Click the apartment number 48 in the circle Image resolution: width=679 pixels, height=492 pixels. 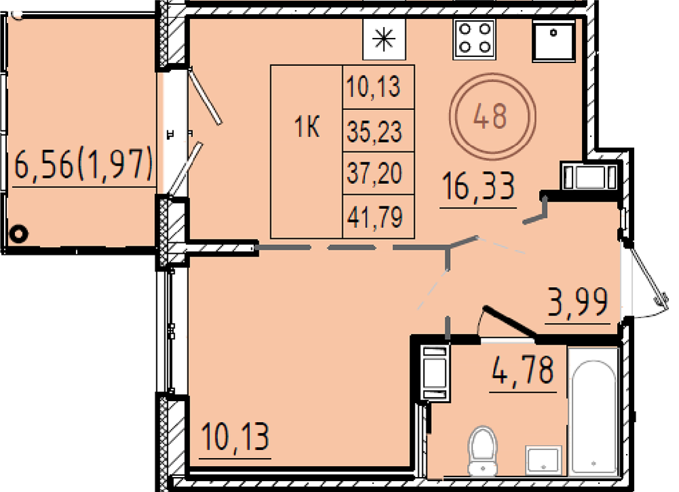(x=490, y=116)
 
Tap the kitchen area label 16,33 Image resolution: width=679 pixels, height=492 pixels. (x=479, y=186)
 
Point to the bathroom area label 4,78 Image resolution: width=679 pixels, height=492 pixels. (x=523, y=370)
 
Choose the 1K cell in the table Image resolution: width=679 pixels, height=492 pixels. (x=307, y=127)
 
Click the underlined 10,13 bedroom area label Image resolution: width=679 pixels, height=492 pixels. (x=236, y=436)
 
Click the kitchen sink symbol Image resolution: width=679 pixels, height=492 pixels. (x=553, y=40)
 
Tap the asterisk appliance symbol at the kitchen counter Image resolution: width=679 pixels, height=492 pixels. (x=384, y=39)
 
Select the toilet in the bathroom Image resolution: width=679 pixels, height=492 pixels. (x=482, y=451)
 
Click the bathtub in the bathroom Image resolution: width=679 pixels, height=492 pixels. (x=593, y=411)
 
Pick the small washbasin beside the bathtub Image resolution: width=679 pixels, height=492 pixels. (x=543, y=460)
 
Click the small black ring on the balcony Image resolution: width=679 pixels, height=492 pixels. (x=18, y=233)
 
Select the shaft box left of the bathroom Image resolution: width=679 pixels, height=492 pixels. (x=435, y=372)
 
